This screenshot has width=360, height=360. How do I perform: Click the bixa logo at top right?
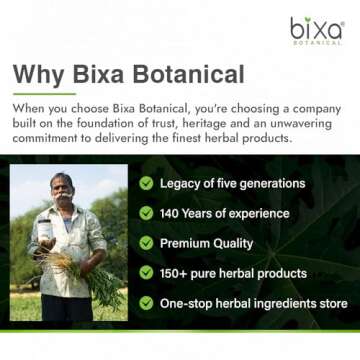tap(316, 31)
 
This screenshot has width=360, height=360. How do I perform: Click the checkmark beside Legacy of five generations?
tap(147, 183)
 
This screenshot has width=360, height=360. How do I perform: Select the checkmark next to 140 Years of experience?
tap(147, 213)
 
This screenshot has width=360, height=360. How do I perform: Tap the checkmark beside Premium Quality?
tap(147, 243)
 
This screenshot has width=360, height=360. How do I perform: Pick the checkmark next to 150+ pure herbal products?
tap(147, 272)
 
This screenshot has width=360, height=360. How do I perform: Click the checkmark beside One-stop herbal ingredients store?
tap(147, 302)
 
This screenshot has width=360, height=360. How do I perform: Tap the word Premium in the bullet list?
tap(190, 243)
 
